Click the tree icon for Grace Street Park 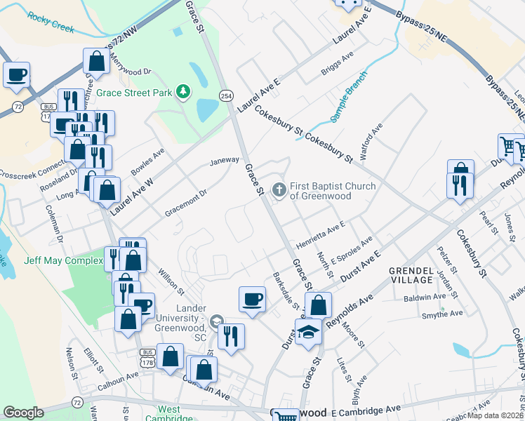pyautogui.click(x=183, y=92)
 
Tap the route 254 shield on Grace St pyautogui.click(x=226, y=95)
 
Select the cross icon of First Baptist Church pyautogui.click(x=279, y=189)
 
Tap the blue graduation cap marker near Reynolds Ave pyautogui.click(x=307, y=331)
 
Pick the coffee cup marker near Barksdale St pyautogui.click(x=252, y=300)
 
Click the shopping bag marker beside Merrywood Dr pyautogui.click(x=96, y=62)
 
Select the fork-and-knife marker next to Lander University pyautogui.click(x=231, y=336)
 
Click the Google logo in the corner pyautogui.click(x=23, y=412)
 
